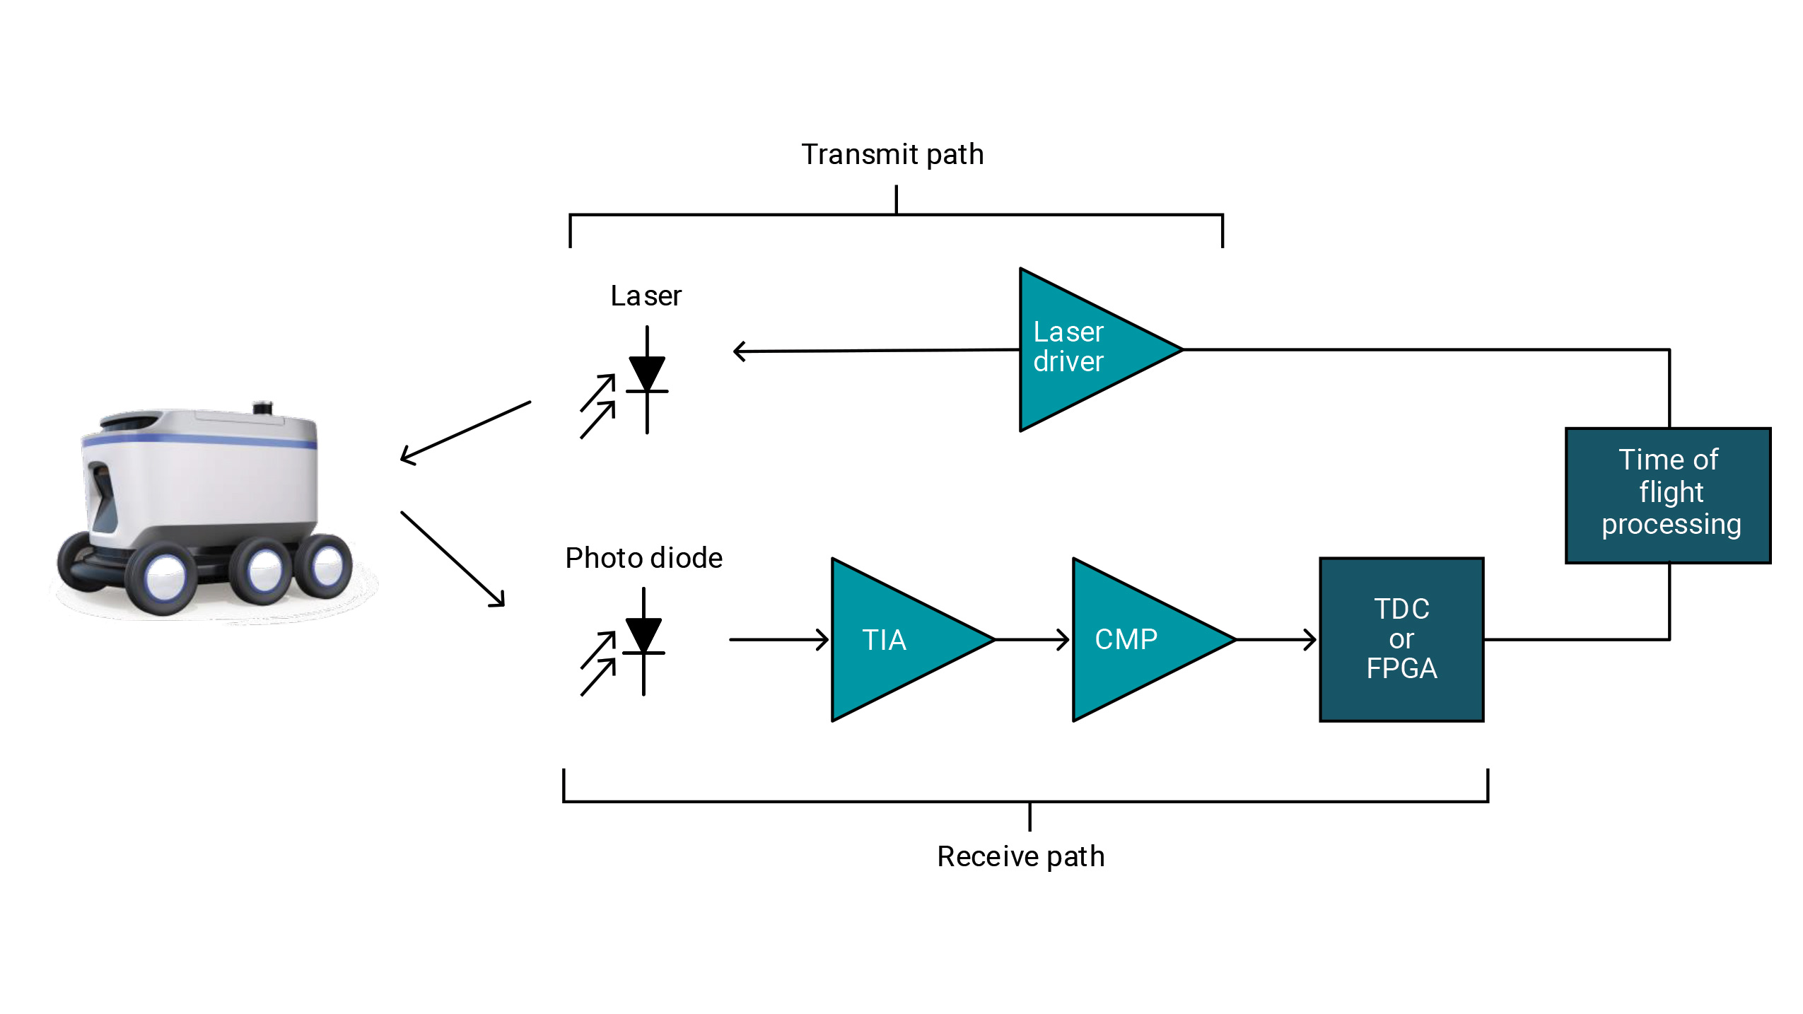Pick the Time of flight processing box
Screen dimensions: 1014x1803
click(1668, 495)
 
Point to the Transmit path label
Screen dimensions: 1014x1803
click(892, 154)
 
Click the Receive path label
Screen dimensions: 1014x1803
click(1020, 856)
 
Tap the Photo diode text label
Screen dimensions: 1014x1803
click(643, 558)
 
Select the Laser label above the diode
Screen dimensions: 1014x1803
click(646, 296)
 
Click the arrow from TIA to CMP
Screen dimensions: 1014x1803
click(1032, 639)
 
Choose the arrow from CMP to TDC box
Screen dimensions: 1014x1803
click(1276, 639)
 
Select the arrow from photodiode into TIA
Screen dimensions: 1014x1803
click(778, 639)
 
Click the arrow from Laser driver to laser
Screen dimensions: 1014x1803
click(877, 350)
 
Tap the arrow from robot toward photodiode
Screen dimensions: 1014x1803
click(453, 559)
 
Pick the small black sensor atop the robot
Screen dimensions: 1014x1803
click(262, 407)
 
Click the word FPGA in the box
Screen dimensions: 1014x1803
click(1401, 668)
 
